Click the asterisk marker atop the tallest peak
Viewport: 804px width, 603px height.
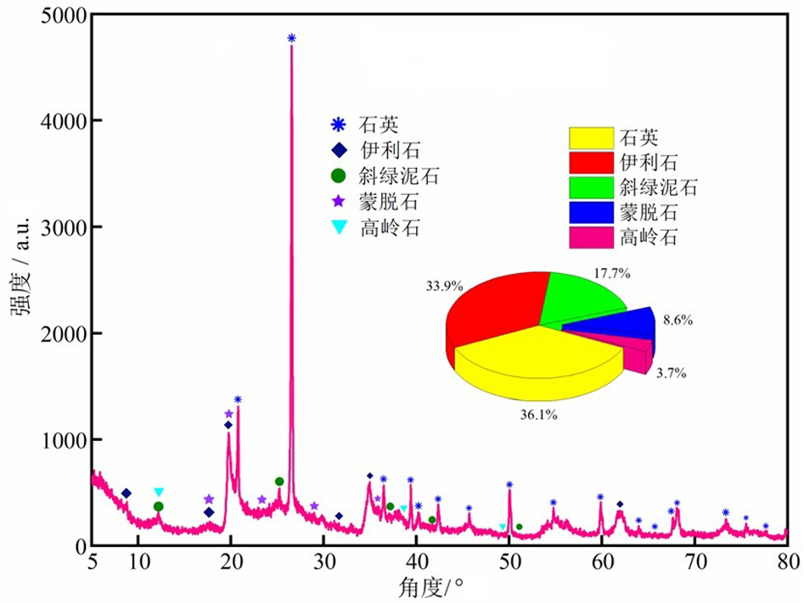291,38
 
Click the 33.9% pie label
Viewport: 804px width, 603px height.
444,286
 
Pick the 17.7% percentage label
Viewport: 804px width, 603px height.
611,272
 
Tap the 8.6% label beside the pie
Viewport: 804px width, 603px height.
677,321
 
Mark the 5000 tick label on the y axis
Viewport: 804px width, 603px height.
62,15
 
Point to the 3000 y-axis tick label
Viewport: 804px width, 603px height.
62,227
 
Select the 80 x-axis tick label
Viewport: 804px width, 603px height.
788,561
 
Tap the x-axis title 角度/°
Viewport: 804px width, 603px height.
436,586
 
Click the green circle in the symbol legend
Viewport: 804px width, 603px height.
339,176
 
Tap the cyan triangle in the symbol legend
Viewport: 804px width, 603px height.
339,227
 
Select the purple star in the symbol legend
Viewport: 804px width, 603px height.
339,202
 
